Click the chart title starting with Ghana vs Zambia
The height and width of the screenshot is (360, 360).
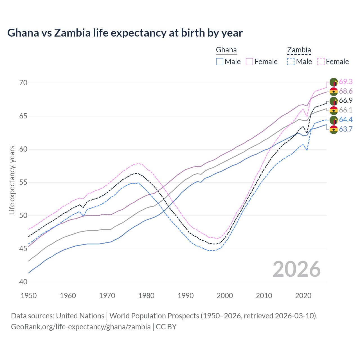point(125,33)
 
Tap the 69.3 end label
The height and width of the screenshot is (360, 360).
point(346,82)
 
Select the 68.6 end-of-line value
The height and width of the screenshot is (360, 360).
point(346,91)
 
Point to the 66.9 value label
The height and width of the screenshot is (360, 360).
point(346,101)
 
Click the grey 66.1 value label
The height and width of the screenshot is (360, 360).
point(346,110)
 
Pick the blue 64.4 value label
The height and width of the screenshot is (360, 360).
point(346,120)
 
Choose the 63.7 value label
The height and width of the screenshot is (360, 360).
point(346,129)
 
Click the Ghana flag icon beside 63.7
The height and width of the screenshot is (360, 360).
point(334,130)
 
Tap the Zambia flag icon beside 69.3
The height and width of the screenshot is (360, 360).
point(334,82)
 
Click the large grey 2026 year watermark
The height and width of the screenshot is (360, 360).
point(296,269)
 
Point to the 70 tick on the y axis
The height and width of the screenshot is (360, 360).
point(23,83)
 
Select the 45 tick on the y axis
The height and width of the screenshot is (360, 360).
point(23,249)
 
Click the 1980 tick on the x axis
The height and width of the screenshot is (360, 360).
point(146,296)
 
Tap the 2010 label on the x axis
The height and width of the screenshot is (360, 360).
point(264,296)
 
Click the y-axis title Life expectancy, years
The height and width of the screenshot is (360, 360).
point(12,180)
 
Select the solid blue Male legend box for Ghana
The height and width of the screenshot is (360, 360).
point(220,62)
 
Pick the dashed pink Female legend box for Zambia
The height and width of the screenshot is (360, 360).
point(321,62)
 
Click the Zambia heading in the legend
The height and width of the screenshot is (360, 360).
point(299,50)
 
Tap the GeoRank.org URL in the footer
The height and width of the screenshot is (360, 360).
point(81,327)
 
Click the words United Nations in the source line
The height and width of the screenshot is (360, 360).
point(80,316)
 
